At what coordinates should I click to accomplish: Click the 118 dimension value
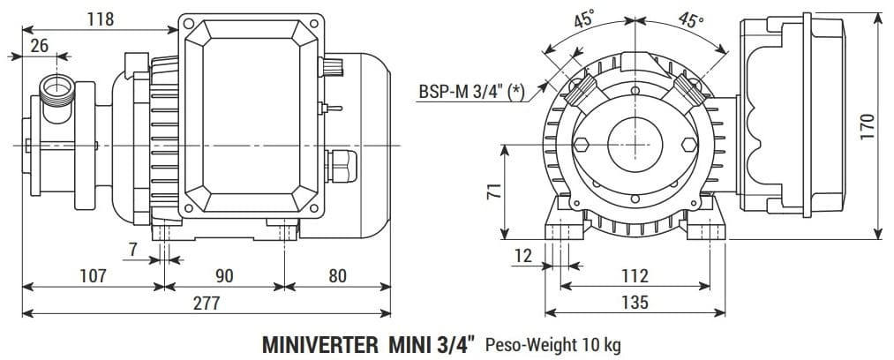[x=100, y=19]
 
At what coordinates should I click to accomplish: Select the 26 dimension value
[x=39, y=46]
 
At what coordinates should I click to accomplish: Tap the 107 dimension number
[x=93, y=276]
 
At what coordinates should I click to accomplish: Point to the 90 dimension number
[x=224, y=276]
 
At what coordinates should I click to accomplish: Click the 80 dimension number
[x=337, y=276]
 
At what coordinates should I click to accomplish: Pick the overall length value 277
[x=206, y=303]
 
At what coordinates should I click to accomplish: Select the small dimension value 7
[x=132, y=250]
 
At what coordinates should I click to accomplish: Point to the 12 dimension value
[x=522, y=256]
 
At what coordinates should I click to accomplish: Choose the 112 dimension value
[x=635, y=276]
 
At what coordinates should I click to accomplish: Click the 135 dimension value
[x=635, y=303]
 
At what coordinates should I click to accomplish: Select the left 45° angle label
[x=583, y=19]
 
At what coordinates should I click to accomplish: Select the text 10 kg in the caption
[x=602, y=344]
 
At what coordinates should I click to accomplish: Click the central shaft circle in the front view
[x=634, y=142]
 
